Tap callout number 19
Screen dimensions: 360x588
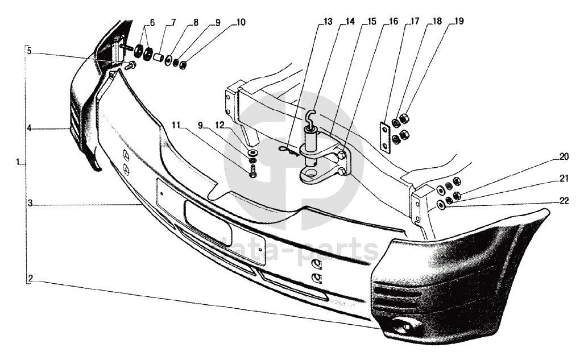(458, 22)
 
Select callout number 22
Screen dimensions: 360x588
(564, 200)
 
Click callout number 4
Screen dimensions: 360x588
(29, 129)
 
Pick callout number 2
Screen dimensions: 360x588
(30, 279)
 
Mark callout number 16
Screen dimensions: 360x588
(393, 22)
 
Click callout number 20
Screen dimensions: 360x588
(564, 156)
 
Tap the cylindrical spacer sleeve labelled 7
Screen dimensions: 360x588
(160, 57)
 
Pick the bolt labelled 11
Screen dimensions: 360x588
(253, 169)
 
